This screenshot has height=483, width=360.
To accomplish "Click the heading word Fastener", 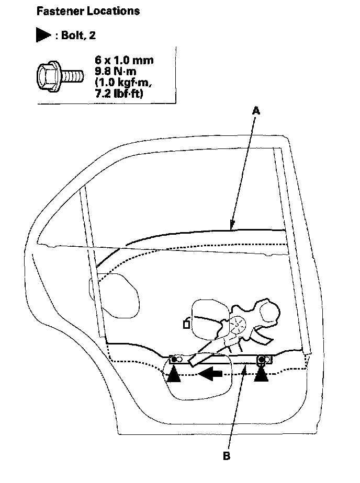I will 57,11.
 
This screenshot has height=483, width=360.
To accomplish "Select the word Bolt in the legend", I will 72,35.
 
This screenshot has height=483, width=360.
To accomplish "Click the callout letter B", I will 227,456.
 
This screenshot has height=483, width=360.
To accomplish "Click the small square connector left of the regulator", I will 186,325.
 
